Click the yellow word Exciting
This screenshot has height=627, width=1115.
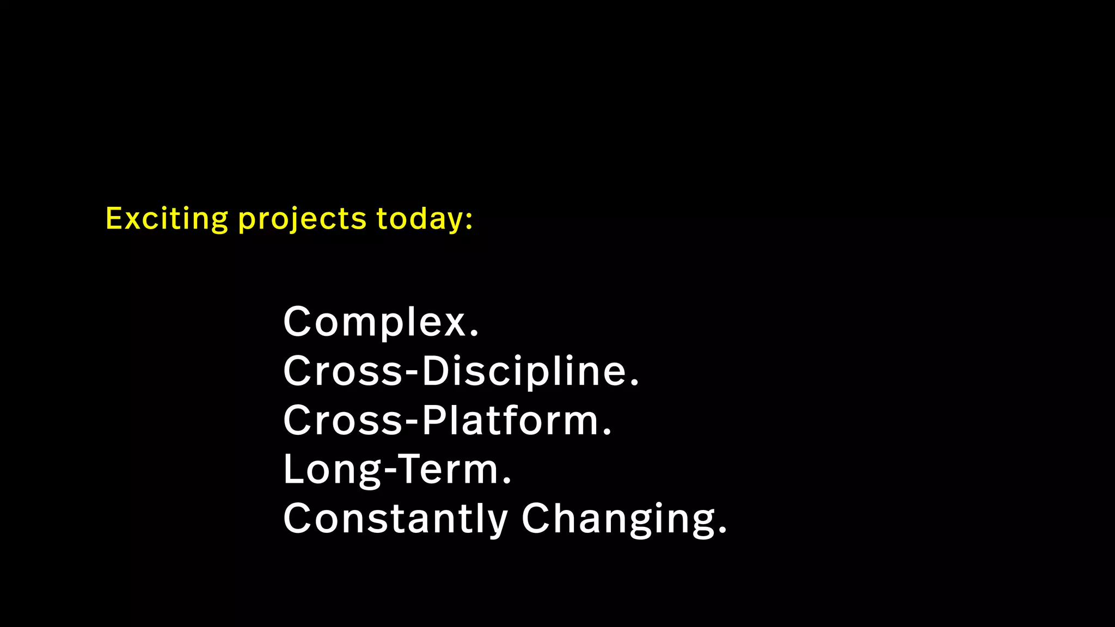tap(167, 219)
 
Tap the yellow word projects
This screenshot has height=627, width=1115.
tap(302, 219)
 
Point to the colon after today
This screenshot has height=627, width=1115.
tap(469, 220)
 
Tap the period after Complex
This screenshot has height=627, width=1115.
tap(474, 334)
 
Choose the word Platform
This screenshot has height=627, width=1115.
tap(511, 420)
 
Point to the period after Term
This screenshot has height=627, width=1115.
tap(507, 482)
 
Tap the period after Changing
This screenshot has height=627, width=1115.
tap(722, 531)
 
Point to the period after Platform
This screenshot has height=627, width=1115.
tap(607, 433)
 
